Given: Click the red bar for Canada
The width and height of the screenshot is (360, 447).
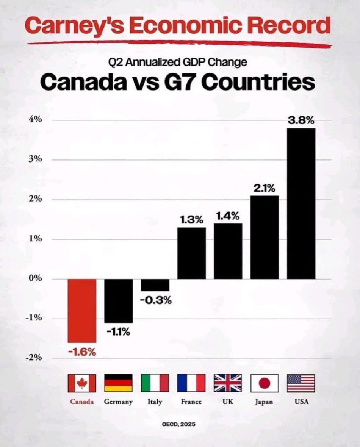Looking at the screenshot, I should [x=82, y=310].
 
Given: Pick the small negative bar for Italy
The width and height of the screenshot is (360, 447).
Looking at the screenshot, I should [x=155, y=285].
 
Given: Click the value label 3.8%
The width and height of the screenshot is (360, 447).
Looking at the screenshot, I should [x=301, y=121].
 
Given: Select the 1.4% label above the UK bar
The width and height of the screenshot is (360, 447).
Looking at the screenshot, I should [x=228, y=216].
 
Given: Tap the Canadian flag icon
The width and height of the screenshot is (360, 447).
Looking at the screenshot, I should [x=82, y=383].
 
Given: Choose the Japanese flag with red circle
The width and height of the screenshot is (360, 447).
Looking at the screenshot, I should [x=265, y=383].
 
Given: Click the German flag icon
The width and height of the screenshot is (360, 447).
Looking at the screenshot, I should [x=118, y=383].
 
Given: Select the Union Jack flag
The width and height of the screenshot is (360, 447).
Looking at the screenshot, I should [x=228, y=383].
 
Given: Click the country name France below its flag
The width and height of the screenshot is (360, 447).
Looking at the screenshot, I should [x=191, y=402].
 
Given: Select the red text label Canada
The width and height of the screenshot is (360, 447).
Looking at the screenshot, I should [x=82, y=402].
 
